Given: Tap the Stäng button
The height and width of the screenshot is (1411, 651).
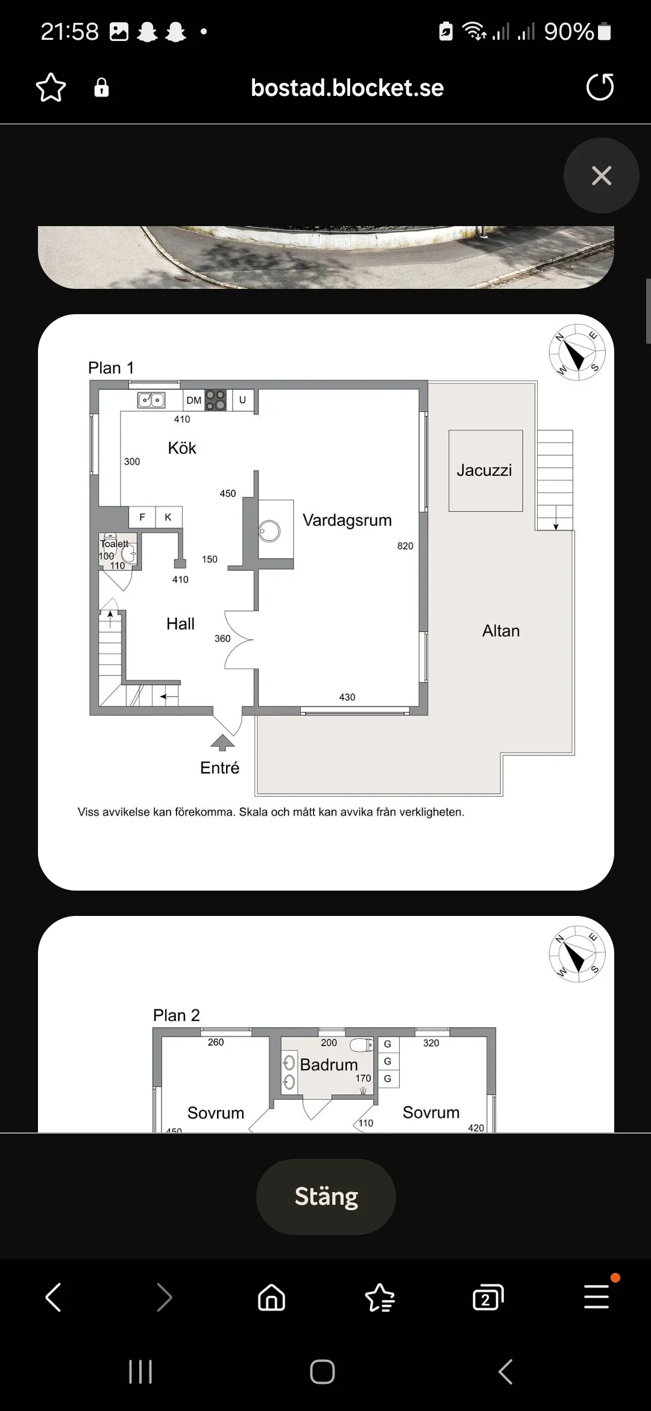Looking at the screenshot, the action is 326,1197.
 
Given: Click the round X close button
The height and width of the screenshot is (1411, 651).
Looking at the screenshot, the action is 601,175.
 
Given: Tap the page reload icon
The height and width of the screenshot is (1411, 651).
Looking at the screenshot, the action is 600,87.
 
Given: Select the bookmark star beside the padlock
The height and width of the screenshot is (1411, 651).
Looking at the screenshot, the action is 51,87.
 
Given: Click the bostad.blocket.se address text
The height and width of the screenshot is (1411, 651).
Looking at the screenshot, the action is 347,88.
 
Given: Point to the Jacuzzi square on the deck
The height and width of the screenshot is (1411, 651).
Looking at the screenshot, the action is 485,470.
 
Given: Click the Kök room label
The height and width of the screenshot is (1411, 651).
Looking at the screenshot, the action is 182,448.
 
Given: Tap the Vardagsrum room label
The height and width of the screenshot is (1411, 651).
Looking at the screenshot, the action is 347,520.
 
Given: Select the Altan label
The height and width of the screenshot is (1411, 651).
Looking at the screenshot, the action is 501,631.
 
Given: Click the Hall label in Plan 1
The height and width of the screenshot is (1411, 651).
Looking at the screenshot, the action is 180,623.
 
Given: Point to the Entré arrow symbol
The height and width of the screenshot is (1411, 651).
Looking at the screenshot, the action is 222,742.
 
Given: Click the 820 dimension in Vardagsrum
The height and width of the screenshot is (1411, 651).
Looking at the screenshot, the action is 405,546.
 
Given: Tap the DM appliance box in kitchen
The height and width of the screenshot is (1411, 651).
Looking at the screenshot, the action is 194,400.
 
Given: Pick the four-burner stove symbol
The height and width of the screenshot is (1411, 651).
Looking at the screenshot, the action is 215,400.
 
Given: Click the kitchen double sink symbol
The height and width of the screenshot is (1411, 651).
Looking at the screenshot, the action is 151,400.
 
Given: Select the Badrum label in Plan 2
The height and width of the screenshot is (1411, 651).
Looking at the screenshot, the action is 329,1064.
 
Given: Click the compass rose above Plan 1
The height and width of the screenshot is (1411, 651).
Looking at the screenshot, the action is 577,353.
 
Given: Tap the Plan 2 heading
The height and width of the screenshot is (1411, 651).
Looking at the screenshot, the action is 176,1015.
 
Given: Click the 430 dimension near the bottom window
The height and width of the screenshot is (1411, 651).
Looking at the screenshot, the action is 347,697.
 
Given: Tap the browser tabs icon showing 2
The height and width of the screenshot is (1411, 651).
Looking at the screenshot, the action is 488,1297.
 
